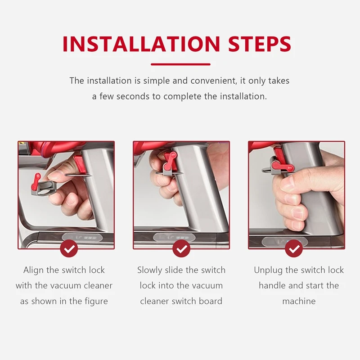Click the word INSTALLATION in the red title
click(x=141, y=43)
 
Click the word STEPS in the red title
click(x=260, y=43)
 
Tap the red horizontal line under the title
click(x=180, y=64)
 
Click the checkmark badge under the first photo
click(x=69, y=248)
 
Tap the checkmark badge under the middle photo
click(x=181, y=248)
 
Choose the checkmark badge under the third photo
click(x=294, y=248)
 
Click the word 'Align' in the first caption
click(x=33, y=270)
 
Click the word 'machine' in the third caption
click(x=299, y=301)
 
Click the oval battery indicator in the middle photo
click(x=174, y=238)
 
